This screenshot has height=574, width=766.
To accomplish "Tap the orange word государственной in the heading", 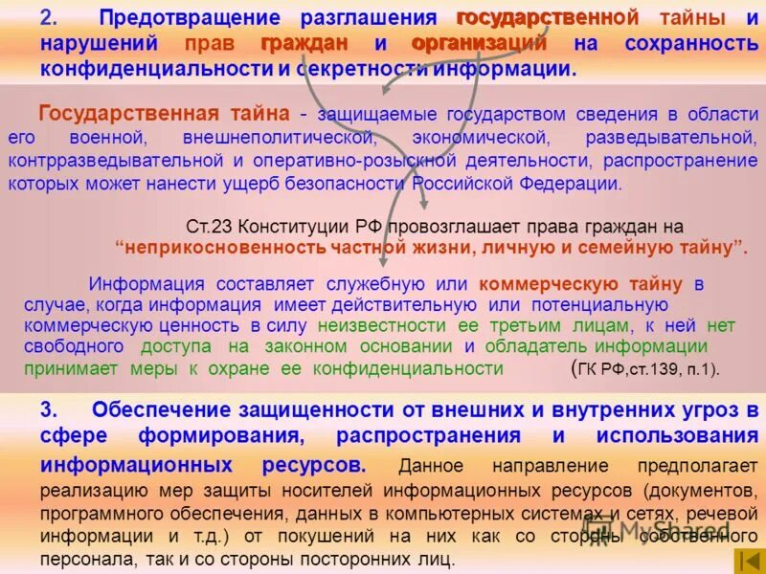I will [x=547, y=18].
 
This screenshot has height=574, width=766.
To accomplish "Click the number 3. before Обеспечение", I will [x=52, y=410].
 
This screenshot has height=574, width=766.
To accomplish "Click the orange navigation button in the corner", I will [x=747, y=561].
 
